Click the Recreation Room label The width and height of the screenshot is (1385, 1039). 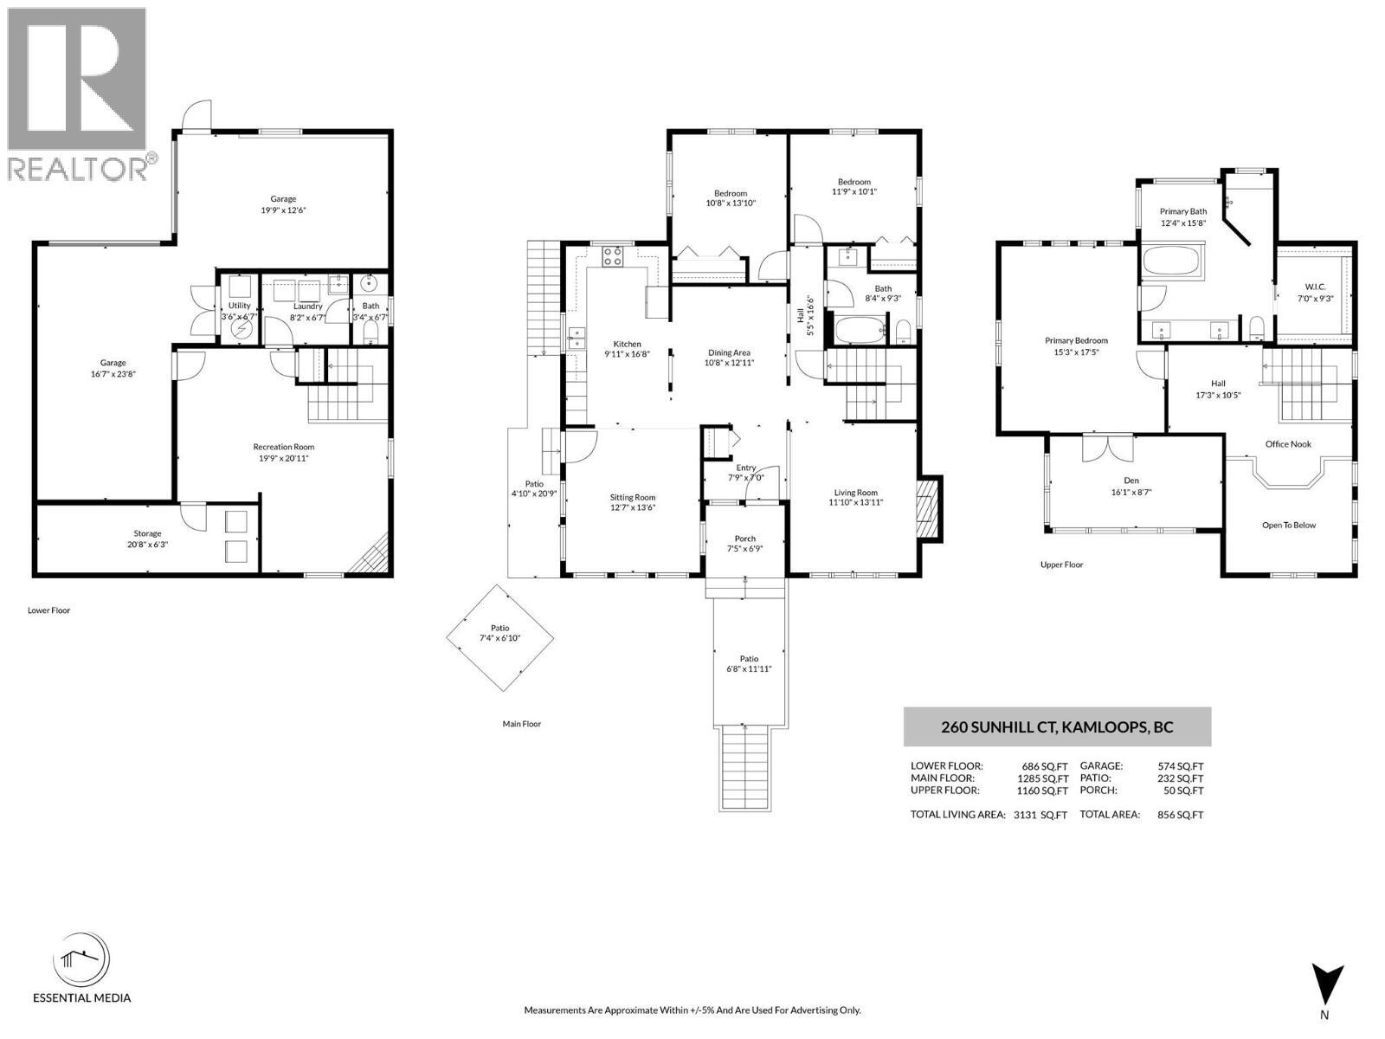tap(283, 447)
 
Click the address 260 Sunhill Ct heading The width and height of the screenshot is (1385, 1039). tap(1057, 727)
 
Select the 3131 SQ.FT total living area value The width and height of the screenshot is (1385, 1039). tap(1040, 815)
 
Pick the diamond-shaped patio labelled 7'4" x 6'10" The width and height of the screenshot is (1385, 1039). tap(500, 638)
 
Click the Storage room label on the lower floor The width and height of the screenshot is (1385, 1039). tap(147, 533)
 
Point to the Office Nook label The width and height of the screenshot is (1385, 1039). tap(1288, 444)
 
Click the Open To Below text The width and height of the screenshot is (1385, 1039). tap(1288, 526)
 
